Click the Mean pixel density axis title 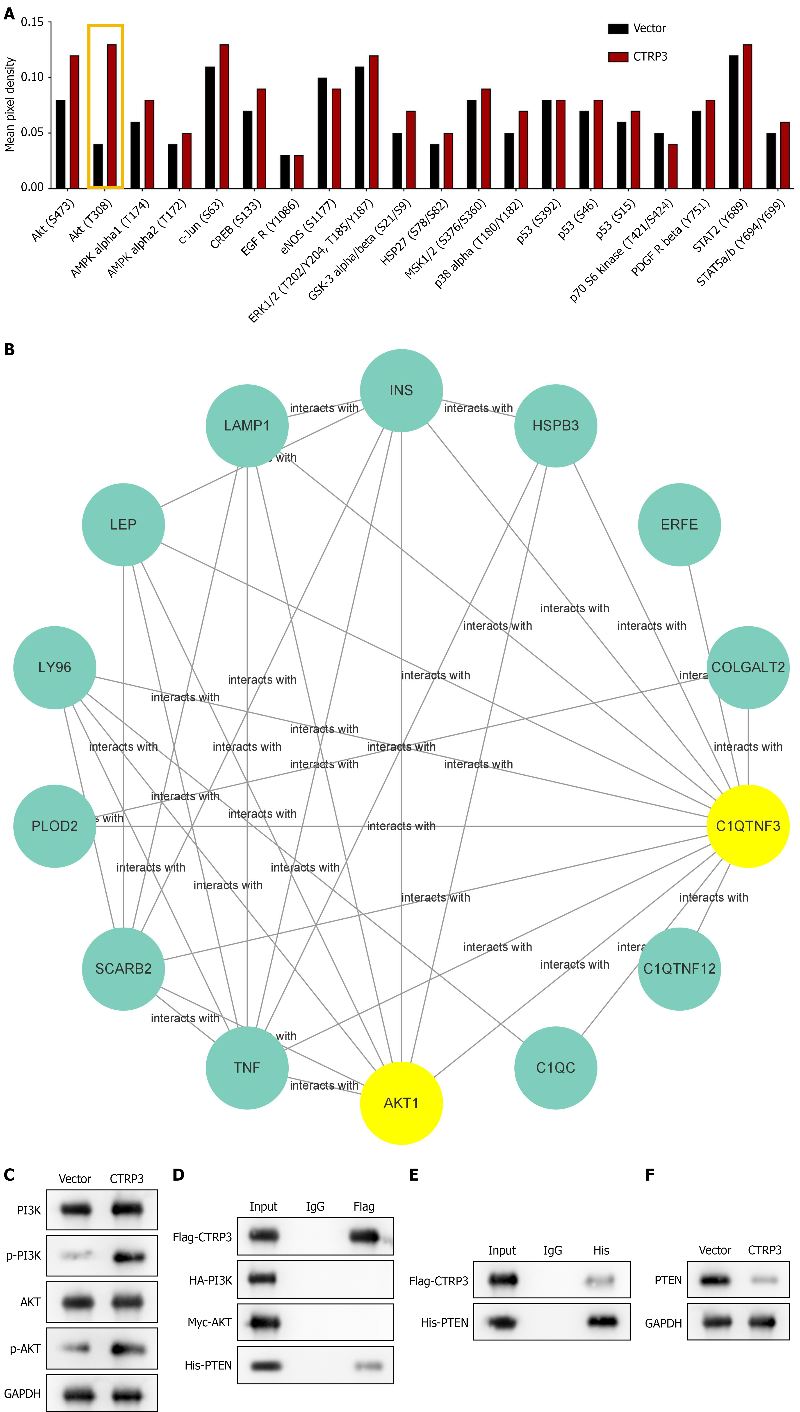click(x=10, y=104)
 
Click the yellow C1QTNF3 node click(x=748, y=826)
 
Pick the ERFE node click(x=679, y=525)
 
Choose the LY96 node click(x=54, y=667)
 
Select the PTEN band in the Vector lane click(x=714, y=1280)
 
